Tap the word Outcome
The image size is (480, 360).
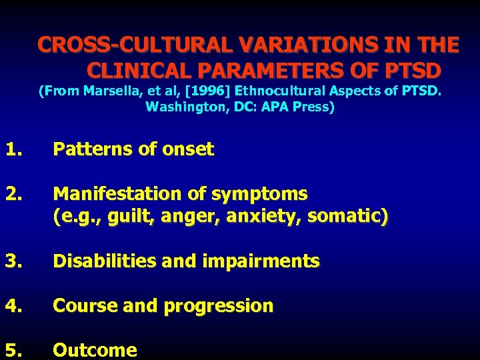coord(95,350)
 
